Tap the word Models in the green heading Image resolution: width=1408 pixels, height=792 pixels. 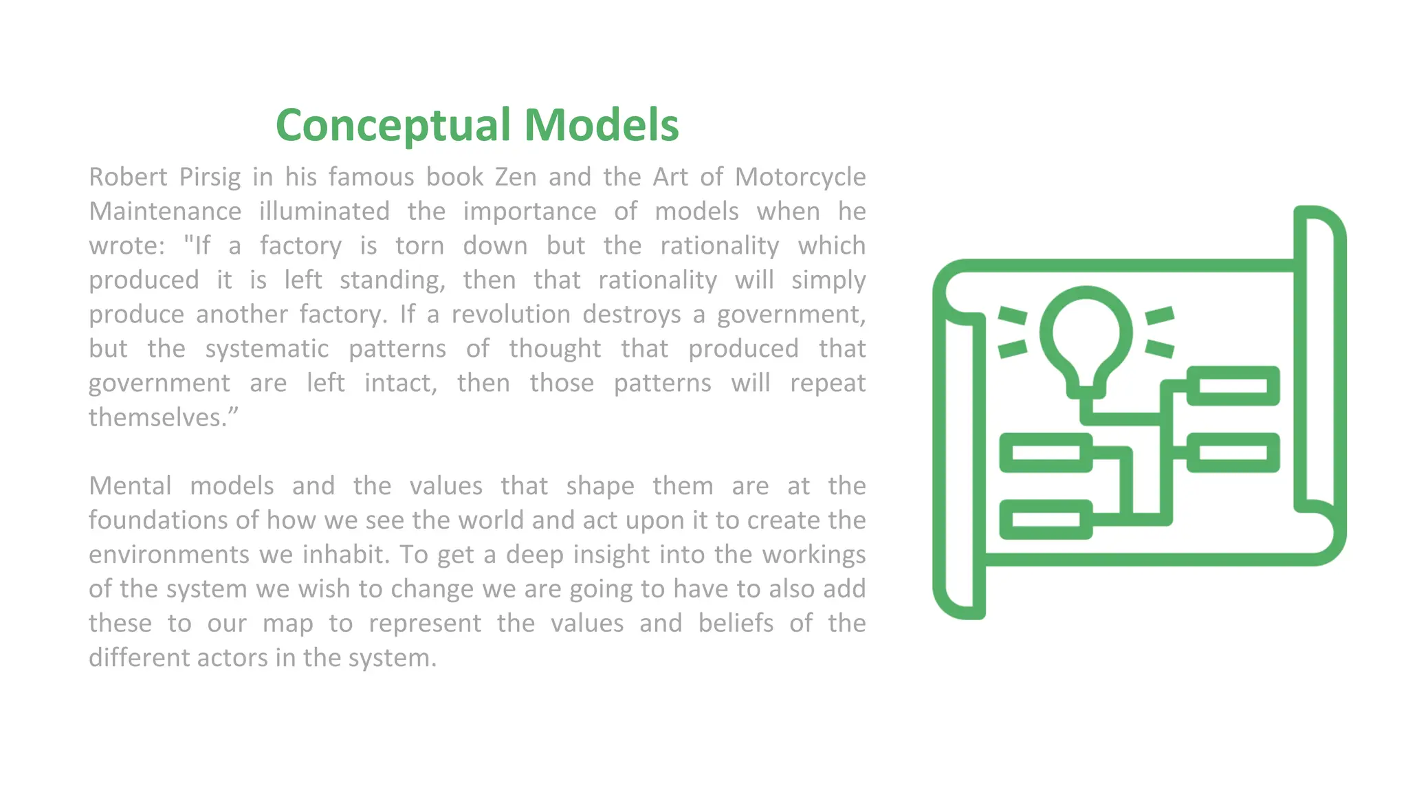click(602, 126)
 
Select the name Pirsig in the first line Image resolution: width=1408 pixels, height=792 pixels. click(210, 177)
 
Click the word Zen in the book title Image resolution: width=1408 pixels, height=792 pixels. click(516, 177)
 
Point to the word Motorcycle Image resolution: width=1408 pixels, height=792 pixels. click(800, 177)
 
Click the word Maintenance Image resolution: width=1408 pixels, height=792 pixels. click(165, 212)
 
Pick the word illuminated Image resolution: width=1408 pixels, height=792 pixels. click(324, 212)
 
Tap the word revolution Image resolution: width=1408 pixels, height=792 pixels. click(511, 315)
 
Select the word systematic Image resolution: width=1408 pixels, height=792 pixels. click(267, 349)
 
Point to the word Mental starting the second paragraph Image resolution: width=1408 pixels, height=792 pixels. click(130, 487)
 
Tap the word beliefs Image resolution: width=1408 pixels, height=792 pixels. click(736, 624)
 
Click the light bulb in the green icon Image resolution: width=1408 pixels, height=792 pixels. click(1086, 337)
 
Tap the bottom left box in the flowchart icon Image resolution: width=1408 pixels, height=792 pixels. click(1046, 519)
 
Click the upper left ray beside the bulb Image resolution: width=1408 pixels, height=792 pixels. click(1012, 316)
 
